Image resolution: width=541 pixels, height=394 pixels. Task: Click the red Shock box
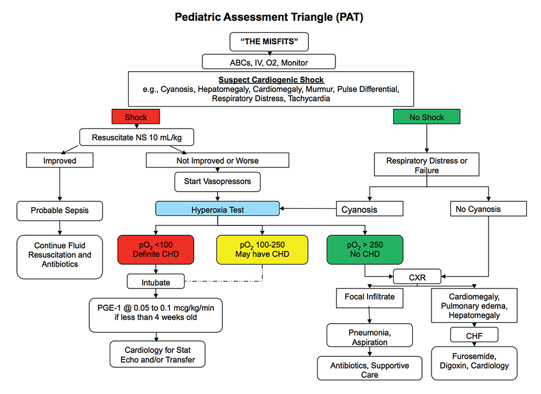pos(136,117)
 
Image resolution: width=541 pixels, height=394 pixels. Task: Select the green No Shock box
pos(427,117)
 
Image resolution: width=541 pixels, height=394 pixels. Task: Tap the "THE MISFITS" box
pos(269,41)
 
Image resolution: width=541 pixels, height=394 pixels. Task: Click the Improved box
pos(60,160)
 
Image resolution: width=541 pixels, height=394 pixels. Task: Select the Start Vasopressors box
pos(217,182)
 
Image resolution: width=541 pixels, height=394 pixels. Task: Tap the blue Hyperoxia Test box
pos(217,208)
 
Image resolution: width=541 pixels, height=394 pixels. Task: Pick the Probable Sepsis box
pos(60,211)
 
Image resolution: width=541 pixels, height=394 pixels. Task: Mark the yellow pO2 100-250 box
pos(262,249)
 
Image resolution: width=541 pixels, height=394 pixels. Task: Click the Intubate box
pos(156,282)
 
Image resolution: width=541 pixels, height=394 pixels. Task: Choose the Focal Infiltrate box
pos(370,297)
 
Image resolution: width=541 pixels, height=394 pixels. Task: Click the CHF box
pos(474,336)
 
